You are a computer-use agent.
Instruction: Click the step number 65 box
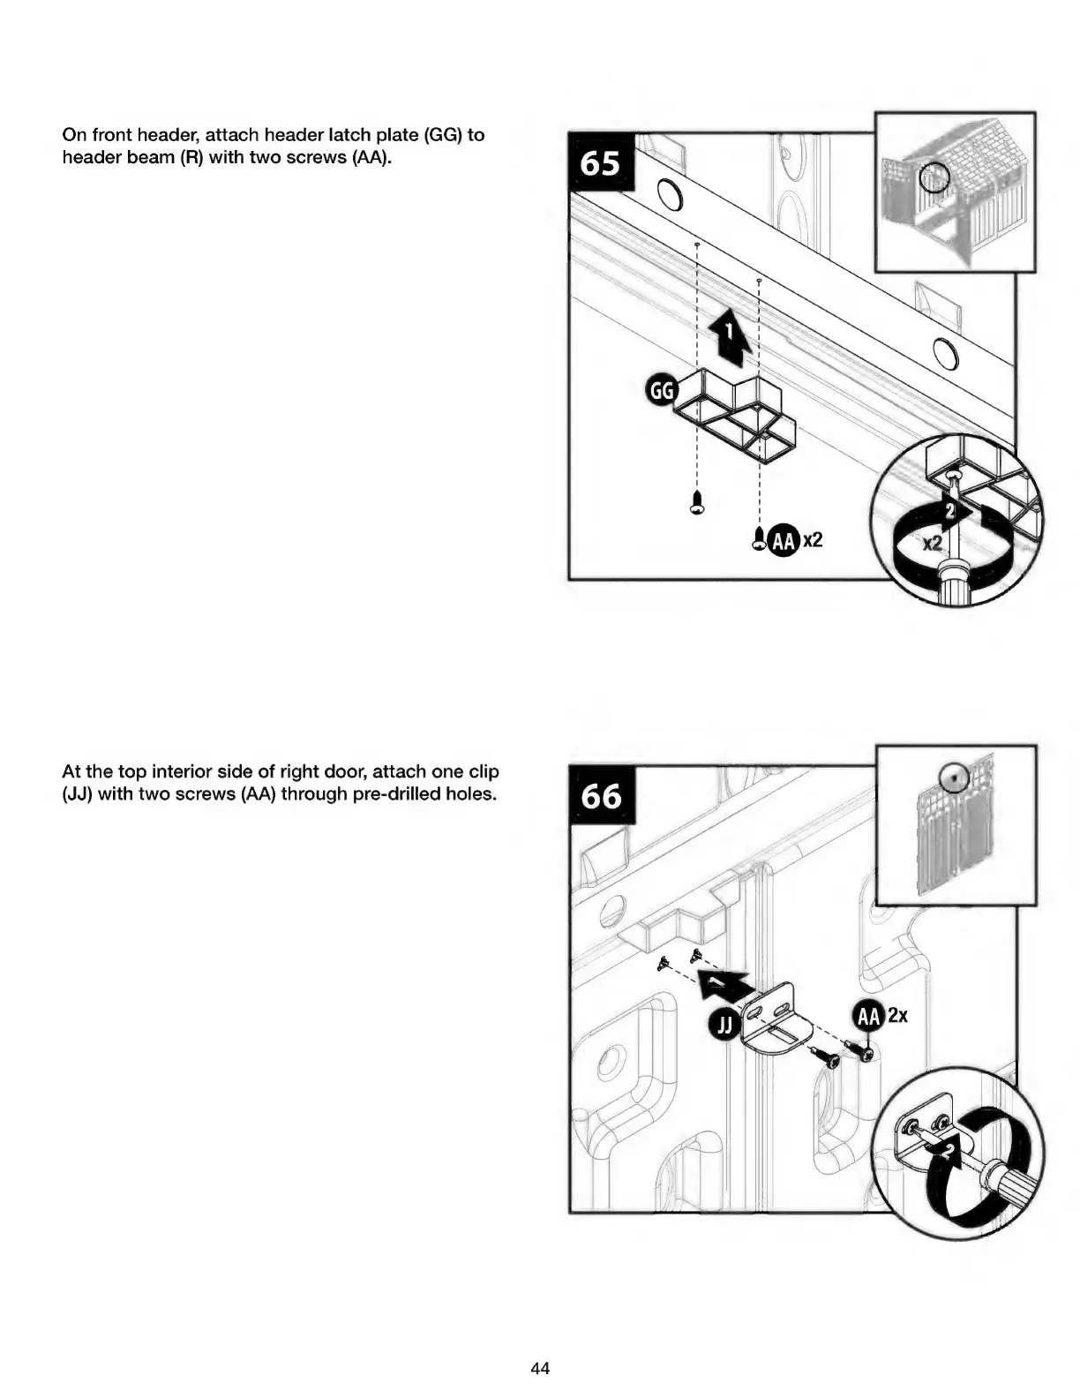coord(600,164)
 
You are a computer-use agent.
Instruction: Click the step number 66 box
coord(600,796)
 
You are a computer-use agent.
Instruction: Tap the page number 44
coord(540,1368)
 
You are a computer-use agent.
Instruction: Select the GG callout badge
coord(661,391)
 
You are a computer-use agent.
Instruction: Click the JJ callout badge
coord(724,1025)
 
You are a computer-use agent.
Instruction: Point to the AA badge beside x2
coord(783,540)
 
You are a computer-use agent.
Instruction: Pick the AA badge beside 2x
coord(868,1017)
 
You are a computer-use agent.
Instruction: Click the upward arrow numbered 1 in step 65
coord(729,337)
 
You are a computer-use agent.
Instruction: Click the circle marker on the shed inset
coord(934,179)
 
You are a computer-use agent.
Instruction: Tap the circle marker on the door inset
coord(954,777)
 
